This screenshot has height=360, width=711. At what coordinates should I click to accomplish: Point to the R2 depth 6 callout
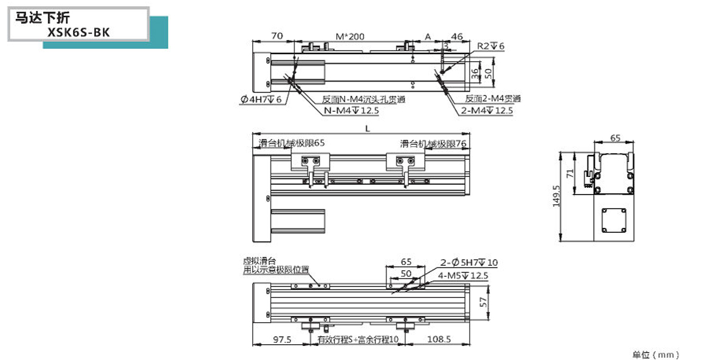[x=491, y=46]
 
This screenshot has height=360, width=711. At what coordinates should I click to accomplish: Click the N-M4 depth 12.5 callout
[x=351, y=111]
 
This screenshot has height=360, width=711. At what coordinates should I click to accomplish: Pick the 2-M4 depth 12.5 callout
[x=487, y=111]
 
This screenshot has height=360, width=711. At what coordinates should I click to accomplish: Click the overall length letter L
[x=367, y=128]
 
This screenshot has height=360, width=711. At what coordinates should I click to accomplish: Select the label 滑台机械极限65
[x=292, y=143]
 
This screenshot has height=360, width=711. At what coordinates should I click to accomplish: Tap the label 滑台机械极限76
[x=433, y=144]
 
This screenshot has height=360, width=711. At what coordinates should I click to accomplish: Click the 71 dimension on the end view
[x=570, y=173]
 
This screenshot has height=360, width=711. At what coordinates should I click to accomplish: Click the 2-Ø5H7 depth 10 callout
[x=469, y=263]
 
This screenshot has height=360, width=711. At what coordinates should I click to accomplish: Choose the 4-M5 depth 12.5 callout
[x=463, y=275]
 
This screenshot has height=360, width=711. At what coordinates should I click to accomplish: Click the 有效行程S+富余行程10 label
[x=358, y=340]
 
